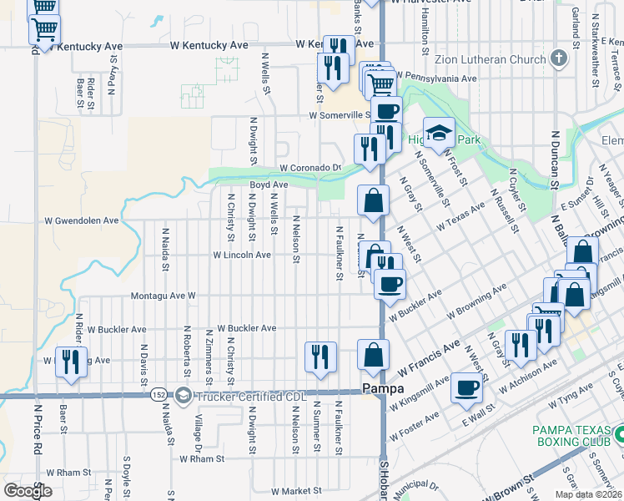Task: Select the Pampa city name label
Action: [x=384, y=389]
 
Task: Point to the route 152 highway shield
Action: [x=159, y=394]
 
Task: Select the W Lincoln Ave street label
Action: [x=243, y=255]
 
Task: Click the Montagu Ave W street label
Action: [x=164, y=296]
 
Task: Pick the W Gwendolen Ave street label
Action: [x=81, y=221]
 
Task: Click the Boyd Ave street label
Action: [x=269, y=185]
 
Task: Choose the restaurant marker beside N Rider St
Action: [x=71, y=362]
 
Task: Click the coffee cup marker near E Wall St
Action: [x=466, y=388]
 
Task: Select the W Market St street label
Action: [x=289, y=491]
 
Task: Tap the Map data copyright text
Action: [x=587, y=494]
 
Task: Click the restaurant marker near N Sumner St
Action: [x=320, y=357]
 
